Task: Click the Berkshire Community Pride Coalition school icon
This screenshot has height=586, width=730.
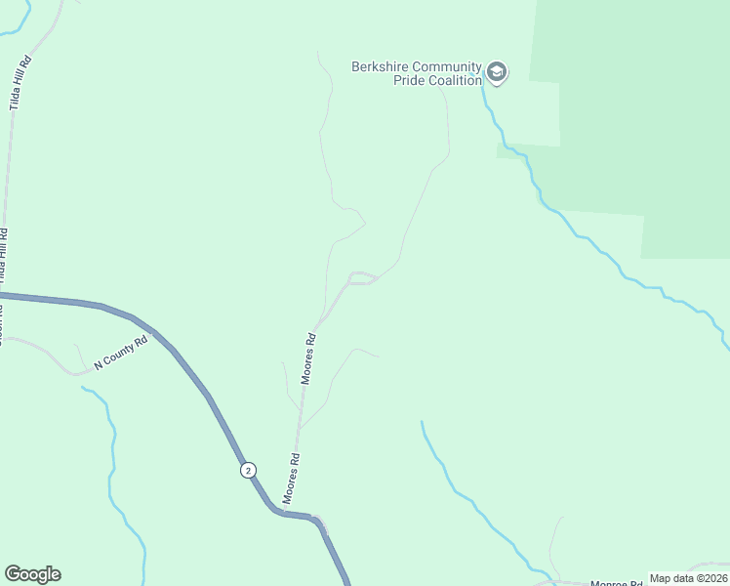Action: point(497,73)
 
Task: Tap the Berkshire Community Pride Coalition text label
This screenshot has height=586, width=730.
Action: point(417,73)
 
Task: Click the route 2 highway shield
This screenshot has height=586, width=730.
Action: point(249,470)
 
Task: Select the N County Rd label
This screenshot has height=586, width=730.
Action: point(120,353)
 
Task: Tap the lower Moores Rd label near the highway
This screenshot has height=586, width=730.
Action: point(291,479)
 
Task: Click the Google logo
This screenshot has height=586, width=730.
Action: point(32,574)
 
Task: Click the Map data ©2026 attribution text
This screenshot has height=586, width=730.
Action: point(689,578)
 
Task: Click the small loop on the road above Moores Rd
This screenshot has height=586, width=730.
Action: point(362,278)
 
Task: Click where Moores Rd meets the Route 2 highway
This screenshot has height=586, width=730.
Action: point(285,512)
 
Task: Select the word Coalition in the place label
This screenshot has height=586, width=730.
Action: point(452,80)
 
